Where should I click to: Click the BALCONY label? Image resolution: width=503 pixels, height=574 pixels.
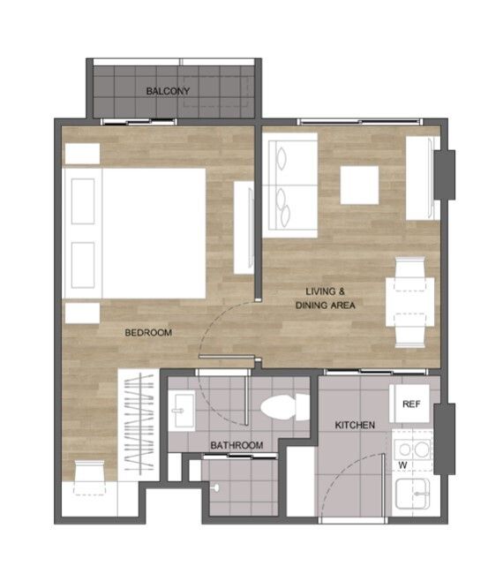click(168, 91)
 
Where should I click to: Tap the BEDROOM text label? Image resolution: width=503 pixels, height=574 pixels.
click(148, 333)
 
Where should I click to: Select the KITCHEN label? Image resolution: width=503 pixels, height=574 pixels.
click(355, 425)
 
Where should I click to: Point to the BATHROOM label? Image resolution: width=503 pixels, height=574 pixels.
click(236, 445)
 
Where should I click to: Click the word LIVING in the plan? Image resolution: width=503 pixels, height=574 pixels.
click(320, 291)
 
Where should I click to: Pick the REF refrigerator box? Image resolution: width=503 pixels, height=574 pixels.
click(411, 404)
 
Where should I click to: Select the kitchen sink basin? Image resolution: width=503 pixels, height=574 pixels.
click(413, 494)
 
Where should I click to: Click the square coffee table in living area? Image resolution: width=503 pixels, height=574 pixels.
click(359, 185)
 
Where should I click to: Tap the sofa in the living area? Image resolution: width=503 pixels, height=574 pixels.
click(290, 185)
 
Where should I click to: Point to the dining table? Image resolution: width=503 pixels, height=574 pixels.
click(409, 302)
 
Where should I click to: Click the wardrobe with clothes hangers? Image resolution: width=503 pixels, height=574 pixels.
click(139, 425)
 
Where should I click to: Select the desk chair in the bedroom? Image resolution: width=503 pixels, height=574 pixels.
click(89, 478)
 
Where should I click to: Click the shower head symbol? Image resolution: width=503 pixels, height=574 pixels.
click(216, 487)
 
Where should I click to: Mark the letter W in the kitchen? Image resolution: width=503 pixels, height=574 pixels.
click(402, 465)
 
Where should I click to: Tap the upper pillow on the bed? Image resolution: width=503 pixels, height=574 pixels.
click(83, 201)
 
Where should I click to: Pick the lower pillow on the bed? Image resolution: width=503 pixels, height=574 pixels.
click(83, 265)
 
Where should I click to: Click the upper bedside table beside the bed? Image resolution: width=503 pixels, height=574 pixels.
click(82, 154)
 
